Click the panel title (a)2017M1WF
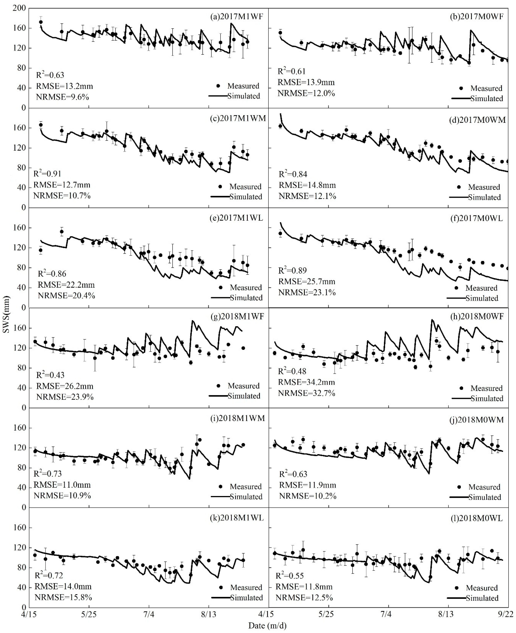coord(236,17)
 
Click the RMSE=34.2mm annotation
coord(306,382)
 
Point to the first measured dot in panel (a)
coord(41,22)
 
